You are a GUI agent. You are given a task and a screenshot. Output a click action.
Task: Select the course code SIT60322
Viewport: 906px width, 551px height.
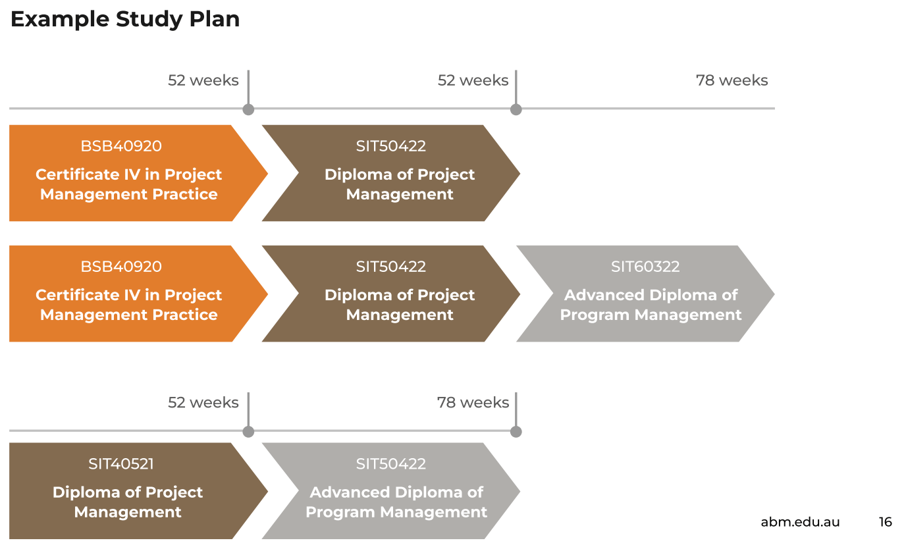(645, 267)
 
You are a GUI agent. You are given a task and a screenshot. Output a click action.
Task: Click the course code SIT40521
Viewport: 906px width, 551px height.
(121, 464)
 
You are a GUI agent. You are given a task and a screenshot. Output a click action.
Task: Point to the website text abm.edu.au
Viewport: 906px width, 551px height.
(800, 522)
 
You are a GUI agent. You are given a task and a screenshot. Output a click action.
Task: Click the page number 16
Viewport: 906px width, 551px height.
(885, 522)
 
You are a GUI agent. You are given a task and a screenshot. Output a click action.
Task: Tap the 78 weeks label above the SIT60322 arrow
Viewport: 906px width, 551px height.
(732, 80)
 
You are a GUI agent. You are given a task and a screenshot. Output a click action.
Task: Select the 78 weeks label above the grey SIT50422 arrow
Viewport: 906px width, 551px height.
(473, 402)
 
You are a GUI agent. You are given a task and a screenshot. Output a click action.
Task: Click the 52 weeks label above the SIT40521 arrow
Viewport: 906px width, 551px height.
(203, 402)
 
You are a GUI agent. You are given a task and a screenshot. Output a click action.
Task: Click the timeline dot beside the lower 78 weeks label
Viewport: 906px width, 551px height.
(516, 432)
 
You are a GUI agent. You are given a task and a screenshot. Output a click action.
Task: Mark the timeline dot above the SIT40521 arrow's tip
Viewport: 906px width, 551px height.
(248, 432)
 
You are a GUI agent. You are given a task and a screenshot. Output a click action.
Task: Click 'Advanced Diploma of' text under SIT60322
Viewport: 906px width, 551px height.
(651, 295)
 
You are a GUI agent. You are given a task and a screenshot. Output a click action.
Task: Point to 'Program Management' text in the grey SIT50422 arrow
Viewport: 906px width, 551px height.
(396, 512)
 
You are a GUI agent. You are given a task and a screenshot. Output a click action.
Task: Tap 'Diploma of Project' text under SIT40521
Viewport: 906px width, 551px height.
(128, 492)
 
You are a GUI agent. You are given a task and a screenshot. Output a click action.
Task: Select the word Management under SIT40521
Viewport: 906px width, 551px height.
(128, 512)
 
